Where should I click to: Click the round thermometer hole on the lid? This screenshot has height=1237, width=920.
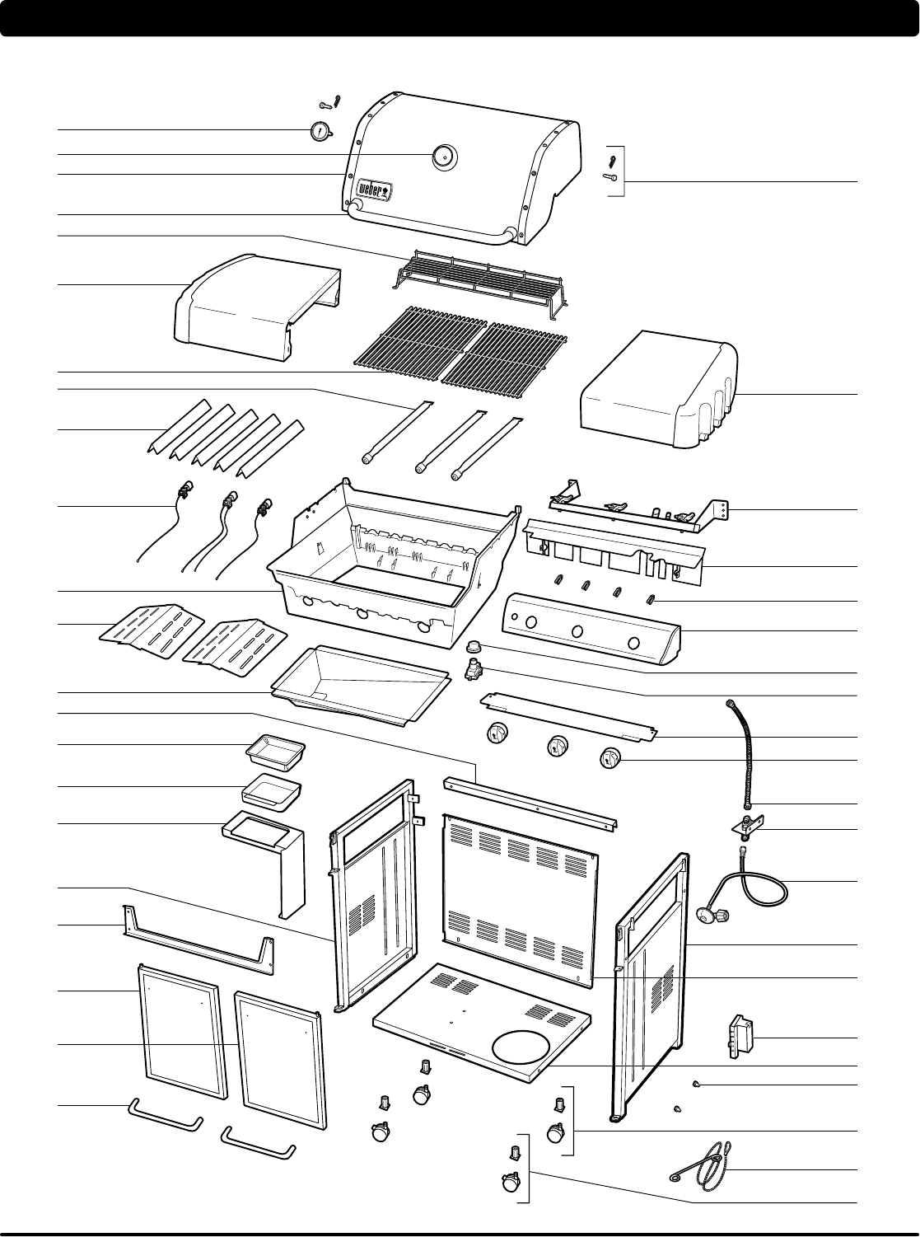[444, 155]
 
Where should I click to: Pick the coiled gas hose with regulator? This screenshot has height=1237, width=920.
[746, 886]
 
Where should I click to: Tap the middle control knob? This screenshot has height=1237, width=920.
[559, 746]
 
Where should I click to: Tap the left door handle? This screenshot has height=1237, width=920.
[165, 1117]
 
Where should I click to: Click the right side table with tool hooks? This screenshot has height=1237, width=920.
[659, 391]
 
